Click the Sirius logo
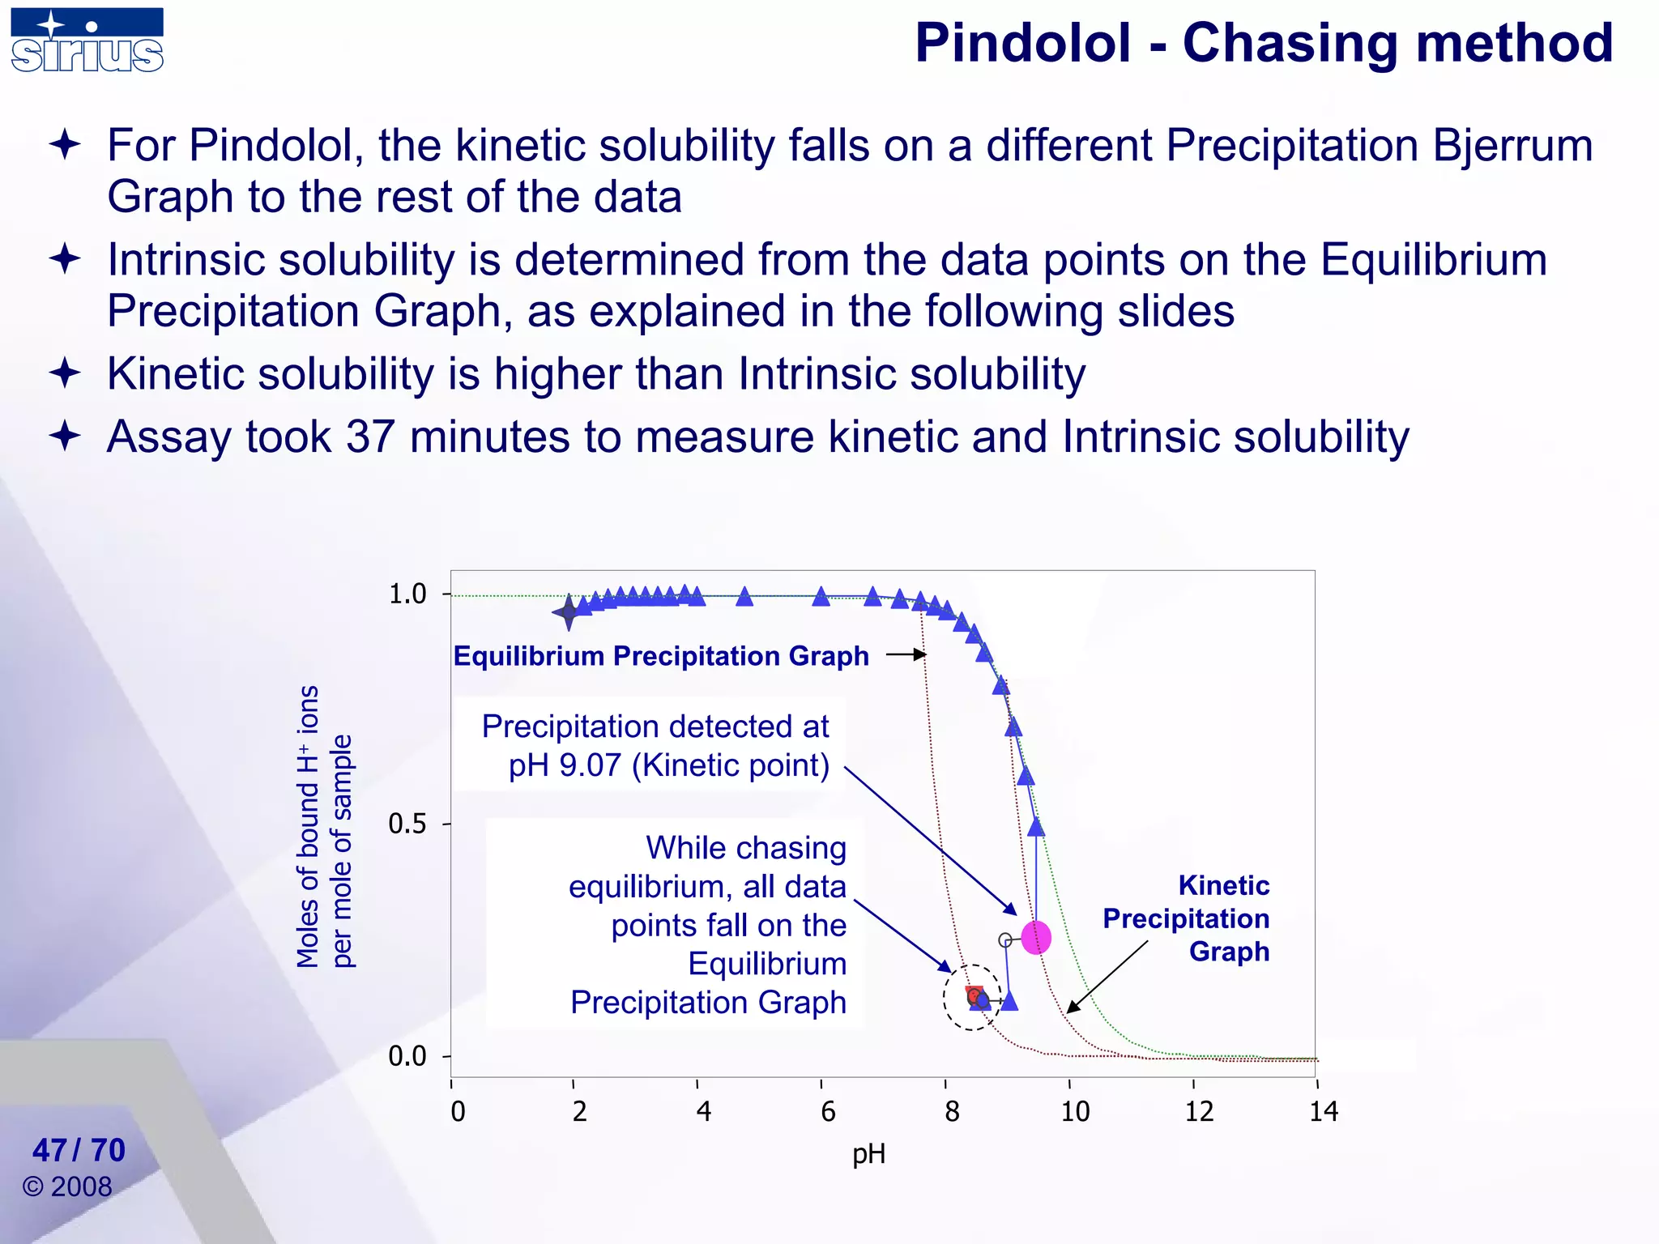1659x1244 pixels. [x=87, y=40]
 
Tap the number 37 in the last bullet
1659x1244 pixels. [x=370, y=437]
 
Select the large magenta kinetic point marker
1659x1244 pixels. [x=1036, y=937]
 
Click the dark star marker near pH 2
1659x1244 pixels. [x=569, y=612]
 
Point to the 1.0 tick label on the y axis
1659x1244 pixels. [x=407, y=594]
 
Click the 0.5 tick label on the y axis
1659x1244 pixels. [x=407, y=824]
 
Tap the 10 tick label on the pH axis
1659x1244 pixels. [x=1075, y=1111]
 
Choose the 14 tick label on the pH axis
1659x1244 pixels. [x=1323, y=1111]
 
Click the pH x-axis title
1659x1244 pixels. [x=868, y=1153]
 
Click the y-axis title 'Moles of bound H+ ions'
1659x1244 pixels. [x=309, y=826]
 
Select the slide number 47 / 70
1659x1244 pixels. [x=79, y=1150]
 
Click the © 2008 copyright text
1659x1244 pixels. [x=67, y=1186]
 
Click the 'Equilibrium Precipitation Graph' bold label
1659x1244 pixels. [x=660, y=655]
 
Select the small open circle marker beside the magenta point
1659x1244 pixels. [x=1005, y=940]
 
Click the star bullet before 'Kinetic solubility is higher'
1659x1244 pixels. [x=65, y=373]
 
